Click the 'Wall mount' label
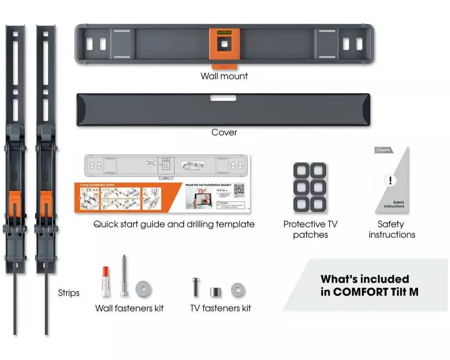224,76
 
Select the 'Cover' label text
224,133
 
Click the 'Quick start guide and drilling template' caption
174,224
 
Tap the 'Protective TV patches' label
310,229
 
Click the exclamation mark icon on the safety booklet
390,181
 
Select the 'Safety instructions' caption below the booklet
391,229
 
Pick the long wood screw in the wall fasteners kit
125,275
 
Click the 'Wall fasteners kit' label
130,308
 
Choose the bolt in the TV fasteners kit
196,286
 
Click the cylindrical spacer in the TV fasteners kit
216,291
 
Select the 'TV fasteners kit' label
220,308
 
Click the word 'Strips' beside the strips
69,293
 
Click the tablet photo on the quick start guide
199,197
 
